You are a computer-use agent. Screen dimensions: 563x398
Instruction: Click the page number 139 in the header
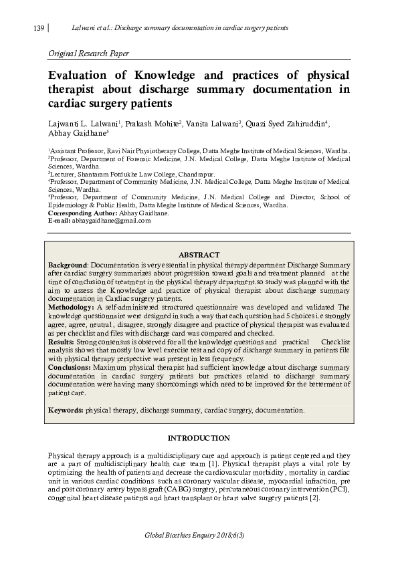point(38,29)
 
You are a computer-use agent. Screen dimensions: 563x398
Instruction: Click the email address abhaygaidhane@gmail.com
point(106,220)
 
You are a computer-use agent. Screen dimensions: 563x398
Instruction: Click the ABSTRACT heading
point(199,255)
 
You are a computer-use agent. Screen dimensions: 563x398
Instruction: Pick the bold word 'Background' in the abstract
point(68,265)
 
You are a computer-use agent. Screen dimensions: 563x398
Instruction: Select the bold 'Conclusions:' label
point(70,367)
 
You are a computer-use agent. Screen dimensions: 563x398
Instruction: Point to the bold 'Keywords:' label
point(66,409)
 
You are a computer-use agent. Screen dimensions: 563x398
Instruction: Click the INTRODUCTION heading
point(198,438)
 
